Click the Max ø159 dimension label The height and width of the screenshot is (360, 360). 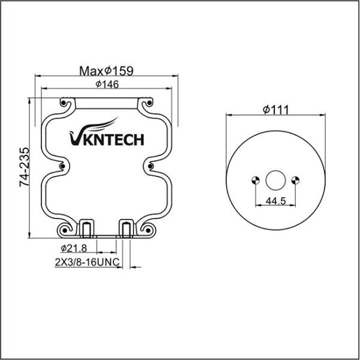(106, 70)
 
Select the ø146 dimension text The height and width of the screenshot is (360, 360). (106, 85)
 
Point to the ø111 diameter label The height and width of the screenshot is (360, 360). (275, 109)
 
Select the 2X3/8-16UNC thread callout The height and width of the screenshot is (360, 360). (86, 262)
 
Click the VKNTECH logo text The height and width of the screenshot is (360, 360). (106, 139)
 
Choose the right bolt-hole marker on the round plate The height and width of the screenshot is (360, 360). (295, 179)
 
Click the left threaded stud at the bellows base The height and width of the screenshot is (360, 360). (86, 229)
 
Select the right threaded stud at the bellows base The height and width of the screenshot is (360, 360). (126, 229)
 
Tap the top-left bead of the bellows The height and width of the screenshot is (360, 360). (64, 103)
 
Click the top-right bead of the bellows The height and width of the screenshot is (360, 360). (149, 103)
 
